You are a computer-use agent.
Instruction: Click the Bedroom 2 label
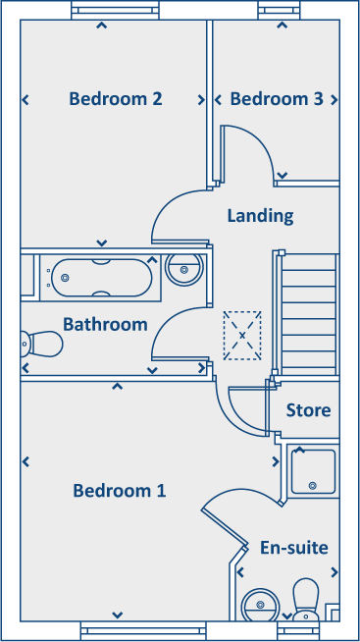(115, 99)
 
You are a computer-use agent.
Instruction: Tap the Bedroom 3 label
(277, 99)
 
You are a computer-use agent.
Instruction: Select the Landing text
(260, 215)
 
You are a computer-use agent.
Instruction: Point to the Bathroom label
(105, 324)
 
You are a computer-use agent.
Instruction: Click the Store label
(308, 410)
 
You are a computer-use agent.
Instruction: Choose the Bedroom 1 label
(119, 491)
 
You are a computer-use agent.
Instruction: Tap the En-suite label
(293, 548)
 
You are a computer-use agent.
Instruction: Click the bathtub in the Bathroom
(101, 279)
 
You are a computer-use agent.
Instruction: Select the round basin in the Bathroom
(184, 268)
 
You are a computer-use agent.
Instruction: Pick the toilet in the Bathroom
(41, 344)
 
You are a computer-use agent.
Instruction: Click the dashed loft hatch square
(242, 336)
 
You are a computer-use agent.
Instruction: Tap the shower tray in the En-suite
(313, 470)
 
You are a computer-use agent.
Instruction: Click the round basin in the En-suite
(261, 604)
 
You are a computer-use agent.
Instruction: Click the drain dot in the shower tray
(312, 485)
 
